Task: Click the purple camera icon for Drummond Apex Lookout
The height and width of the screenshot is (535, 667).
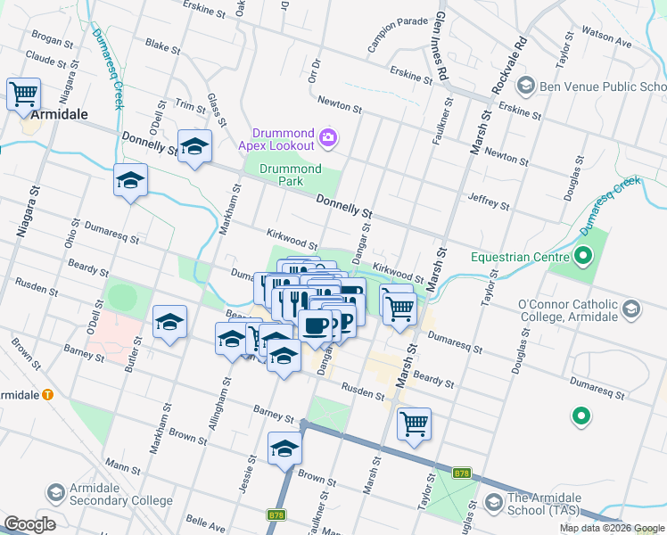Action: (x=328, y=137)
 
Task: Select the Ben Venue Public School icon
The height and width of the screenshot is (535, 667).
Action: (x=525, y=86)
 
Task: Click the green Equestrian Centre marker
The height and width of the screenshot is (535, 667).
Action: (x=583, y=258)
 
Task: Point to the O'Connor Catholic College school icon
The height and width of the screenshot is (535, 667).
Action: (x=631, y=309)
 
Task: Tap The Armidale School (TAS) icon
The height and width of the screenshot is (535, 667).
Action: (x=492, y=505)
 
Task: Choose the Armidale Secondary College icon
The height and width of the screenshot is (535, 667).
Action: (x=55, y=493)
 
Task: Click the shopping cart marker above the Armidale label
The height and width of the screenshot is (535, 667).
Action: (x=23, y=94)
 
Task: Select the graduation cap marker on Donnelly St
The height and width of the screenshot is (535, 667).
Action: (x=194, y=146)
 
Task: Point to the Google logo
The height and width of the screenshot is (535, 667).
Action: (x=29, y=524)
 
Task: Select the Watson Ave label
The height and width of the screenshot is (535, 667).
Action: (x=607, y=37)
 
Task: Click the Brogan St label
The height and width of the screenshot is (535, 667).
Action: (x=52, y=40)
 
